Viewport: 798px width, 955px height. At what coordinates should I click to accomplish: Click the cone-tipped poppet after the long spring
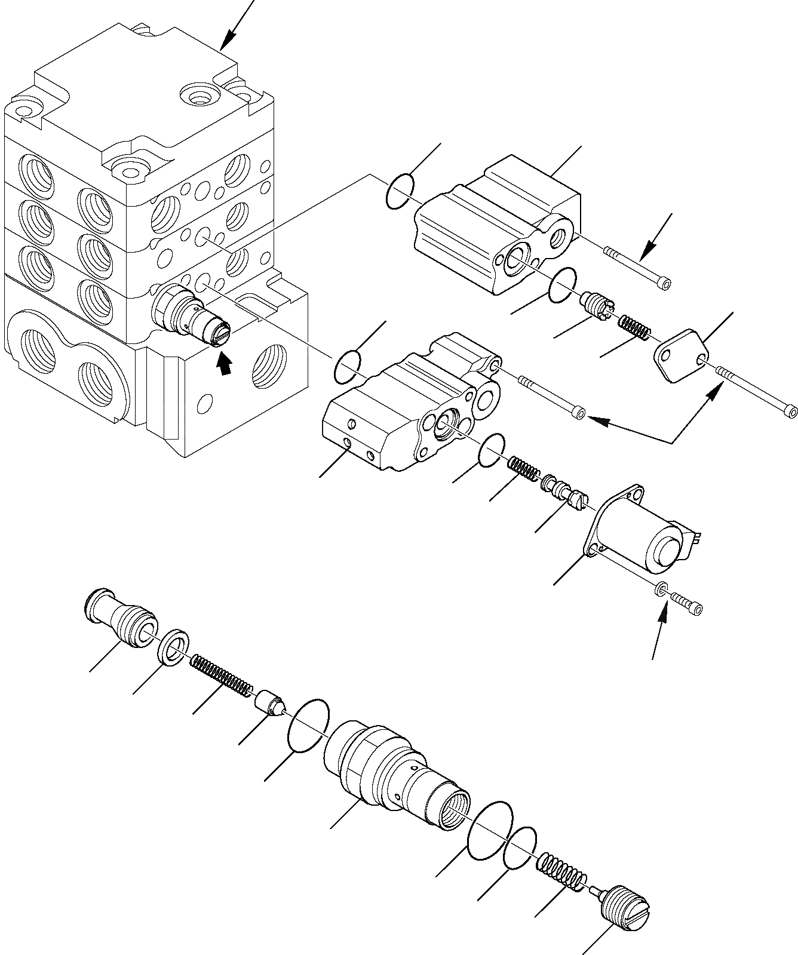click(271, 701)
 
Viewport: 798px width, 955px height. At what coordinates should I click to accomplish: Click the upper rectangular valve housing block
click(496, 227)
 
